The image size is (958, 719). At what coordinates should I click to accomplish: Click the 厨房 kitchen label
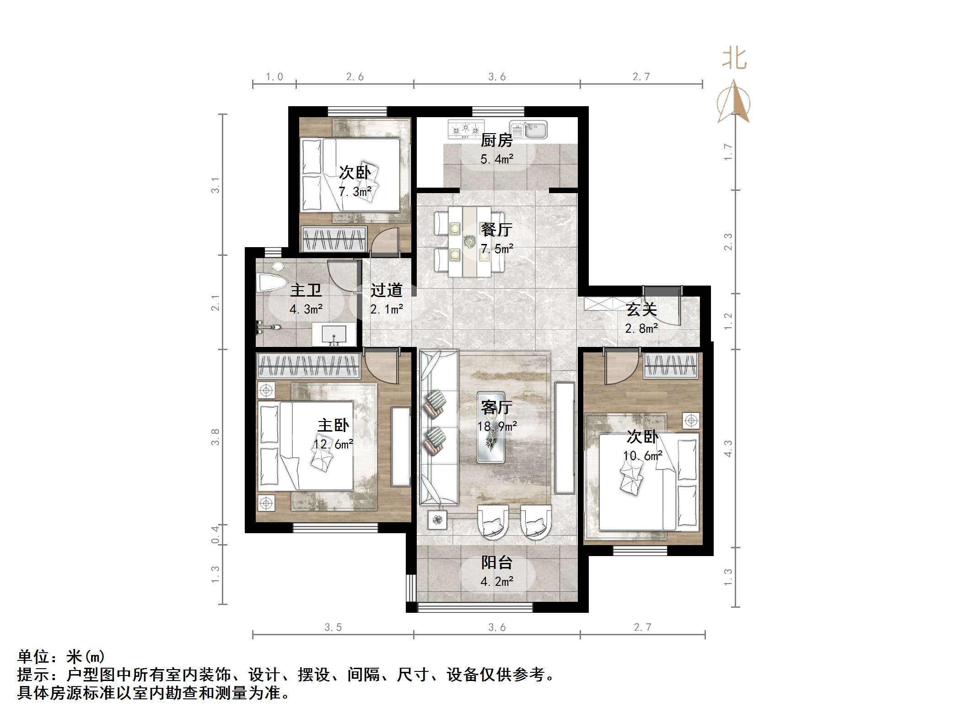pyautogui.click(x=496, y=140)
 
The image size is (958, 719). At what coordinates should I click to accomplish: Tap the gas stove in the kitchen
pyautogui.click(x=466, y=129)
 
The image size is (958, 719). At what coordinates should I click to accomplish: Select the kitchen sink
pyautogui.click(x=528, y=130)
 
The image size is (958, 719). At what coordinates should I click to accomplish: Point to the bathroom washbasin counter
pyautogui.click(x=334, y=335)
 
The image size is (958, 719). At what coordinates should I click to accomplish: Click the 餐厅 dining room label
pyautogui.click(x=496, y=229)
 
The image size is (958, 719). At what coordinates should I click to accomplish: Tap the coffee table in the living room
pyautogui.click(x=491, y=427)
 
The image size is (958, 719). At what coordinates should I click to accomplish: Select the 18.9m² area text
pyautogui.click(x=497, y=427)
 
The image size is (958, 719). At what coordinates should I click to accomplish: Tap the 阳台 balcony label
pyautogui.click(x=496, y=562)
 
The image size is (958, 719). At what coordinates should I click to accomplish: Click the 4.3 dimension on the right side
pyautogui.click(x=728, y=448)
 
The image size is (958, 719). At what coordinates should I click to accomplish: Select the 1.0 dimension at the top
pyautogui.click(x=274, y=77)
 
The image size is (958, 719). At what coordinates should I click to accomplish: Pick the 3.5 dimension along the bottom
pyautogui.click(x=333, y=627)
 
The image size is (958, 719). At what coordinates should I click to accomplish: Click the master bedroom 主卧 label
pyautogui.click(x=333, y=425)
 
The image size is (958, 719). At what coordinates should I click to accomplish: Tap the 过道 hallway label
pyautogui.click(x=386, y=290)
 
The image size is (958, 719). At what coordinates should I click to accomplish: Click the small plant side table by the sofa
pyautogui.click(x=437, y=519)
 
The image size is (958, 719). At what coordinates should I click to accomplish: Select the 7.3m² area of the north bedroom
pyautogui.click(x=355, y=192)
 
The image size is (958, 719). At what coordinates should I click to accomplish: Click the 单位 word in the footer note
pyautogui.click(x=33, y=657)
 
